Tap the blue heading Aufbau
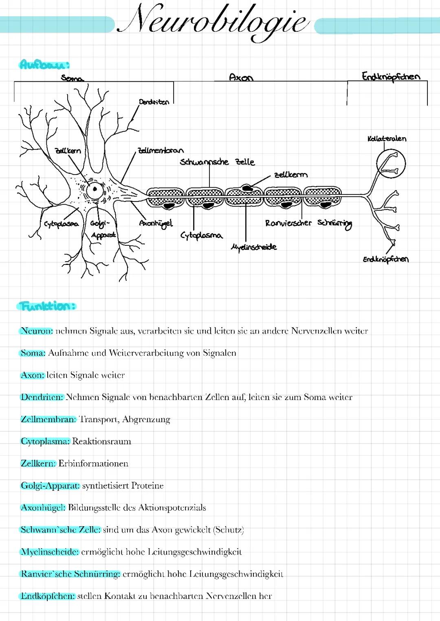point(44,64)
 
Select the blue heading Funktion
point(47,306)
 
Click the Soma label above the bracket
point(72,78)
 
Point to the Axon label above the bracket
point(241,77)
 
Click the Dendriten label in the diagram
point(154,102)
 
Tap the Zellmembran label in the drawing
point(161,151)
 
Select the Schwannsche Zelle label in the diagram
point(217,162)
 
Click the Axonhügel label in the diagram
point(156,223)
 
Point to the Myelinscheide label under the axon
point(254,247)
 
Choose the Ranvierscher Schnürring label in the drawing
point(308,223)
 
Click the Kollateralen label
point(387,138)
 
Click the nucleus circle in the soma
point(95,189)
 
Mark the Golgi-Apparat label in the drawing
point(102,229)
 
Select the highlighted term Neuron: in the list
point(37,331)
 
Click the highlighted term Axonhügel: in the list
point(43,508)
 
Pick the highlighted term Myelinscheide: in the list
point(50,552)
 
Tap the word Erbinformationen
point(93,464)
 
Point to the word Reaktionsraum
point(101,442)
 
